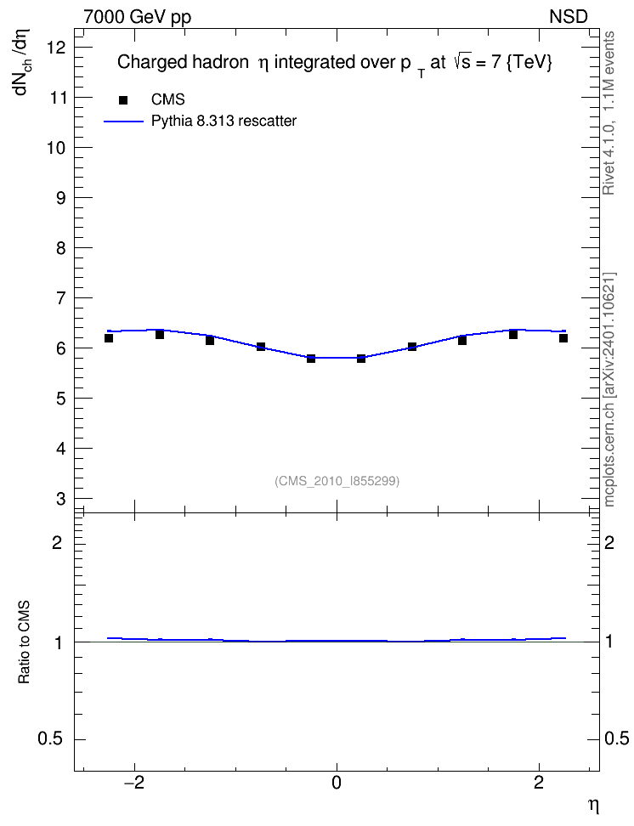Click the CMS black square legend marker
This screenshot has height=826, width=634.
(123, 100)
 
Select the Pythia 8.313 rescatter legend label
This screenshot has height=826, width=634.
(224, 122)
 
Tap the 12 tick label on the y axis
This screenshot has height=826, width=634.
(55, 48)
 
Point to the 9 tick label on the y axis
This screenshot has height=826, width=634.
(60, 198)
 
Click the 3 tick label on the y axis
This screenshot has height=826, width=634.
(60, 499)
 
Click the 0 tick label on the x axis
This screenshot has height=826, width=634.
(337, 783)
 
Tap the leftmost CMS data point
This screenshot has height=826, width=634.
(109, 338)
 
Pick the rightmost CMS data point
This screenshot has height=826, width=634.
(563, 338)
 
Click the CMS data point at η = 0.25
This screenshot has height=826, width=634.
(361, 359)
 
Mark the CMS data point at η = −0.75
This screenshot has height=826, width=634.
(261, 347)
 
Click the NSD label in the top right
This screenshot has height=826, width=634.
(568, 17)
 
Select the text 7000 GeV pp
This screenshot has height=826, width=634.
(137, 17)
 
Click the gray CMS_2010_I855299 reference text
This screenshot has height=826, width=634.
(337, 481)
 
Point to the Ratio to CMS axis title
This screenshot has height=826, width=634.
(24, 642)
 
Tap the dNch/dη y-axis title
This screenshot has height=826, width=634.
(22, 62)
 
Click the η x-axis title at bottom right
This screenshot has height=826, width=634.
(593, 806)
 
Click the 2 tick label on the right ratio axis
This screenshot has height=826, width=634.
(609, 542)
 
